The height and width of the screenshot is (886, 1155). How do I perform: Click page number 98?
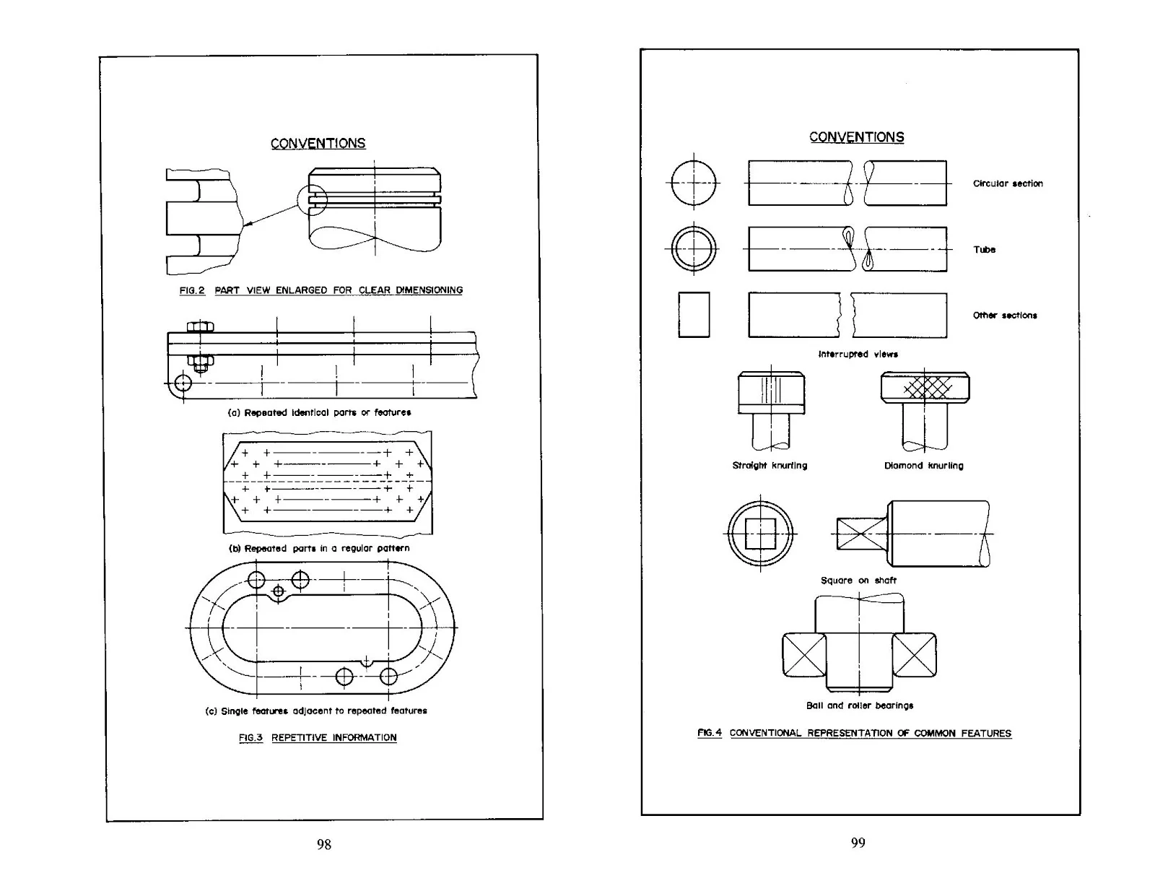point(324,844)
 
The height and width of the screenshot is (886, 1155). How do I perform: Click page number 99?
point(858,843)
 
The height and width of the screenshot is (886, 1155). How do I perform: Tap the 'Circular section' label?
point(1008,183)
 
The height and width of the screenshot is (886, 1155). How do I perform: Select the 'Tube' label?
point(984,250)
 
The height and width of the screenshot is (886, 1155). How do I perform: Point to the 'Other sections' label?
point(1005,316)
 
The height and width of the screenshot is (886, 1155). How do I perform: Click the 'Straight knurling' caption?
point(770,466)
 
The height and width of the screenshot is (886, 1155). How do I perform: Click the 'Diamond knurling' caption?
point(923,466)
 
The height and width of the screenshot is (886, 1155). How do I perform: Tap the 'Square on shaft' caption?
point(858,581)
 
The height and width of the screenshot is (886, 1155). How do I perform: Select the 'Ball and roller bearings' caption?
point(860,705)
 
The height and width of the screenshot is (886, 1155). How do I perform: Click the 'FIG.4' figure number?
point(710,733)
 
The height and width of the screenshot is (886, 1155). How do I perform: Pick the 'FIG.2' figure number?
point(192,290)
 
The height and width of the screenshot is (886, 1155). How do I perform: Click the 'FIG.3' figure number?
point(251,737)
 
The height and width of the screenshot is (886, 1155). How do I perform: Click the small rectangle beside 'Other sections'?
point(694,315)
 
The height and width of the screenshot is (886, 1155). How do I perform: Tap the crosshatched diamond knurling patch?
point(928,388)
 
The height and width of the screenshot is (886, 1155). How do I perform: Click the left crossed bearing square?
point(804,656)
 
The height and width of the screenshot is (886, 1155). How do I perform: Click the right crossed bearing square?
point(915,656)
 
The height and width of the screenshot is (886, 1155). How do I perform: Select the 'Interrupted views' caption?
point(858,355)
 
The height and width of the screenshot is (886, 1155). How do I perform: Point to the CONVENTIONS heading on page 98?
point(318,143)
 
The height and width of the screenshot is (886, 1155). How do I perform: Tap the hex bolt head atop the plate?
point(200,327)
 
